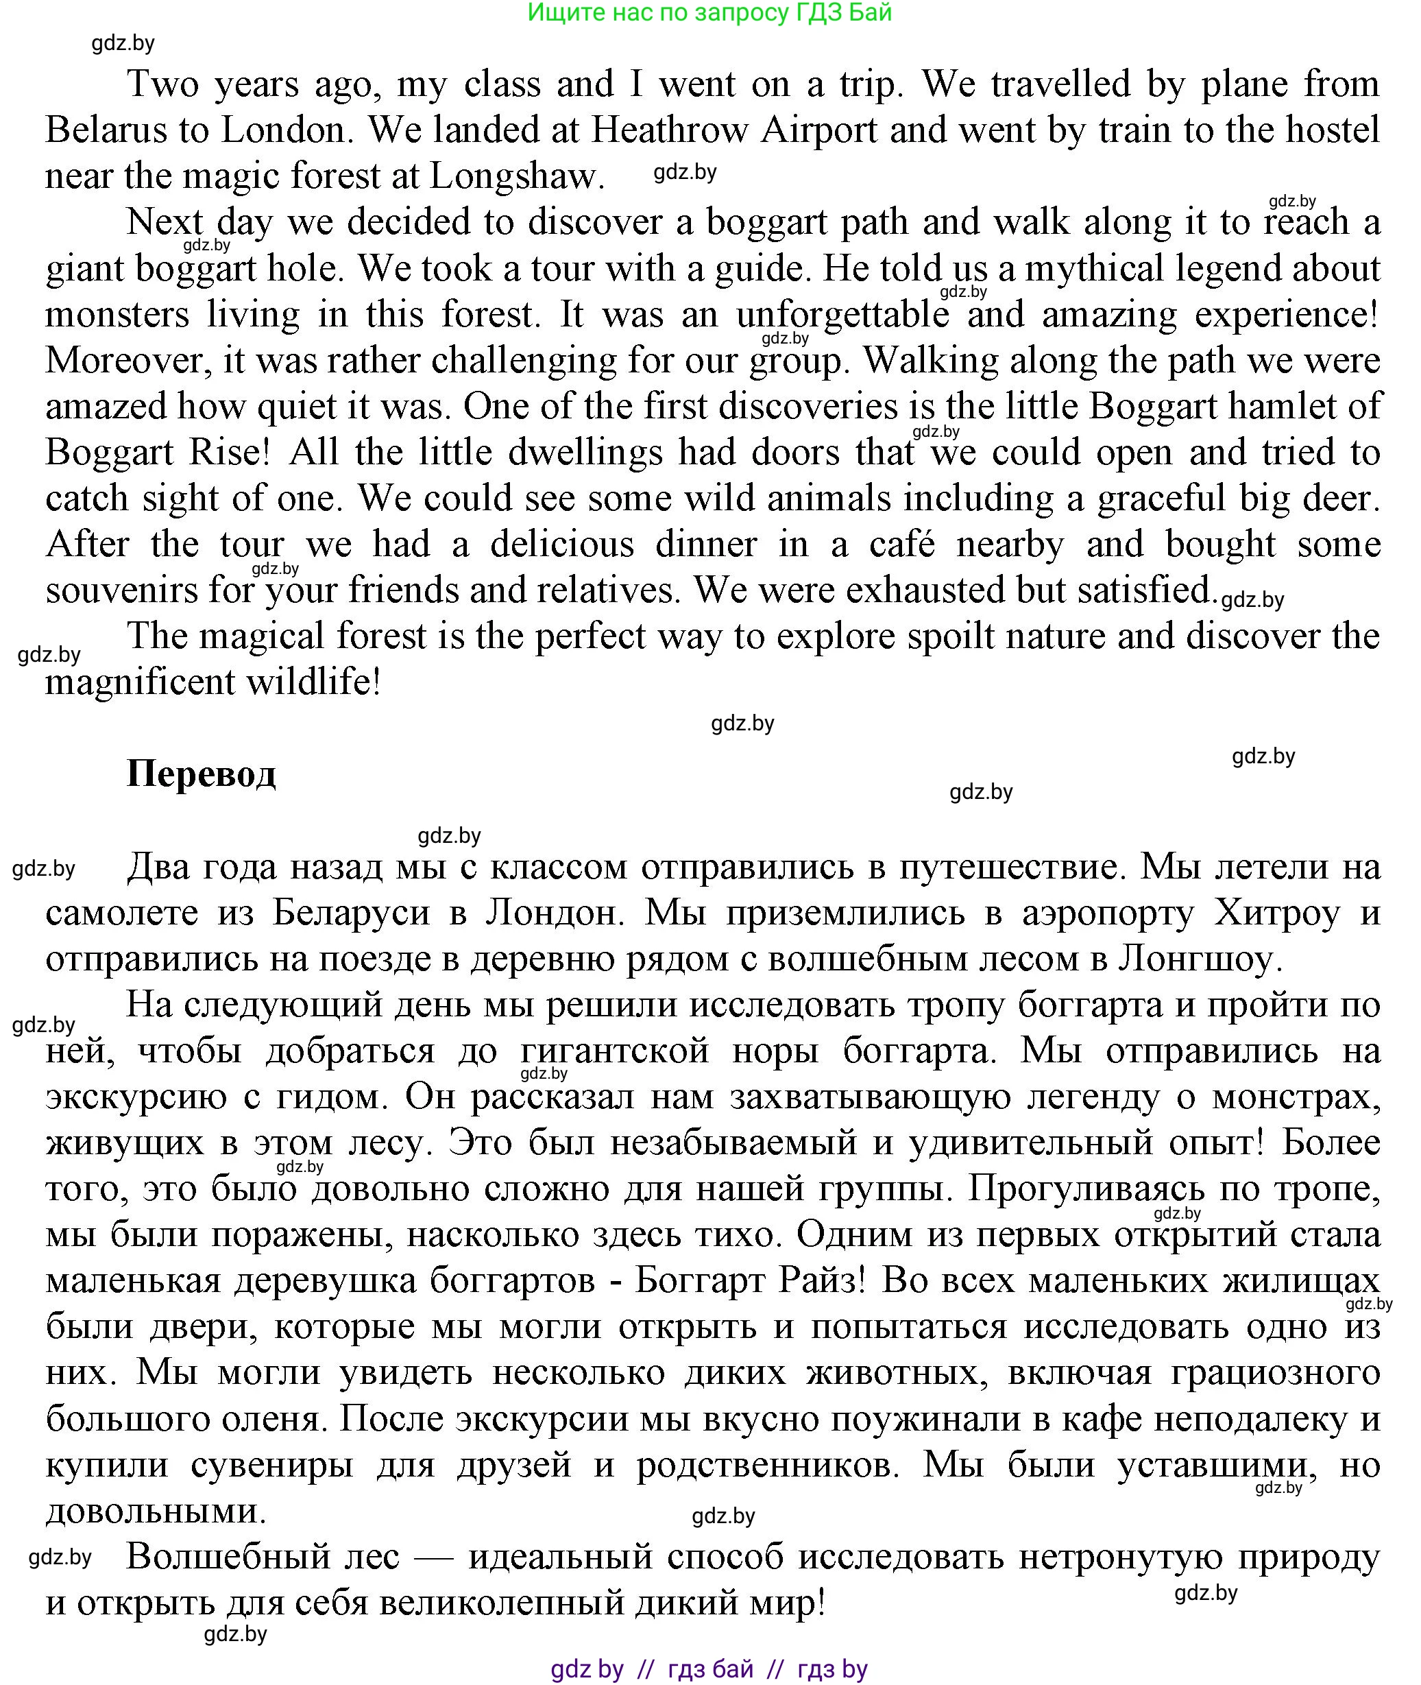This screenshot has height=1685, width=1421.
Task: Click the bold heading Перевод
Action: [x=202, y=774]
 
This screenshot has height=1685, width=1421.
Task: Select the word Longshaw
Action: [x=516, y=176]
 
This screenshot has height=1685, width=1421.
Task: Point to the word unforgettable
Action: [x=842, y=315]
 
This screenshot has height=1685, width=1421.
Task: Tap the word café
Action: [x=902, y=545]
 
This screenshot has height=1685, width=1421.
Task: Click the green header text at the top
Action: [x=709, y=13]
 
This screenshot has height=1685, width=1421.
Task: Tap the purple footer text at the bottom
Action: [x=709, y=1669]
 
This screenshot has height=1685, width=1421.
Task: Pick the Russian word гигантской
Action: [x=615, y=1051]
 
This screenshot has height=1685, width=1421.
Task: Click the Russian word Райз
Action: [x=821, y=1281]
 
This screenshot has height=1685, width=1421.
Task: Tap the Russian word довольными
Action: [x=156, y=1511]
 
